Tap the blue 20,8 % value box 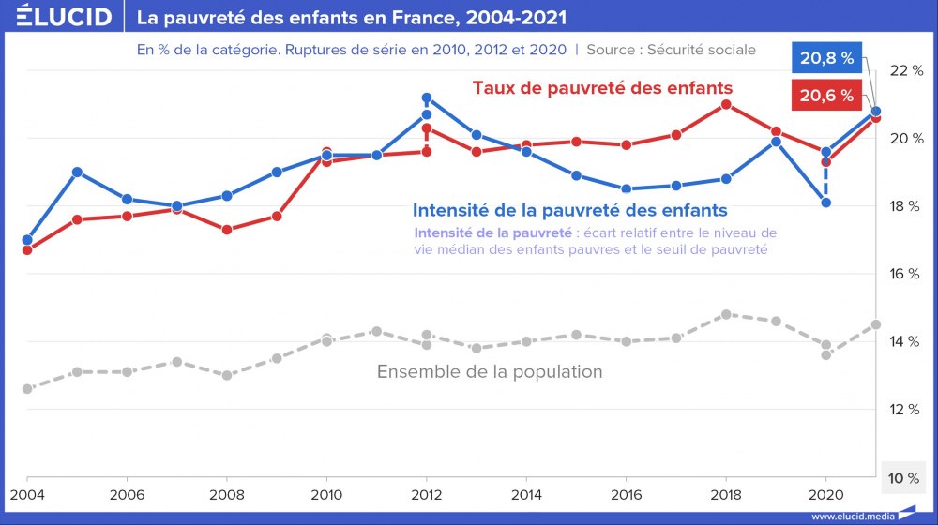click(x=826, y=58)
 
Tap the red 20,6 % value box click(x=826, y=95)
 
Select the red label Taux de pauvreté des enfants click(x=601, y=87)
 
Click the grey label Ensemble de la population click(x=490, y=372)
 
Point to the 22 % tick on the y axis click(x=905, y=71)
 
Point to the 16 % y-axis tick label click(x=905, y=274)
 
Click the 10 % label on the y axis click(x=905, y=478)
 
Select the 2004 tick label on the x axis click(x=27, y=493)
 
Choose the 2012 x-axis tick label click(x=427, y=493)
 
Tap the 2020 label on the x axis click(x=825, y=493)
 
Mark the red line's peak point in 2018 click(x=726, y=104)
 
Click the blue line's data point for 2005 click(x=77, y=172)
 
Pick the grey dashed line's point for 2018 click(x=726, y=314)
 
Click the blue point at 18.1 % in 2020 click(x=825, y=202)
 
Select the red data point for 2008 click(x=227, y=229)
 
